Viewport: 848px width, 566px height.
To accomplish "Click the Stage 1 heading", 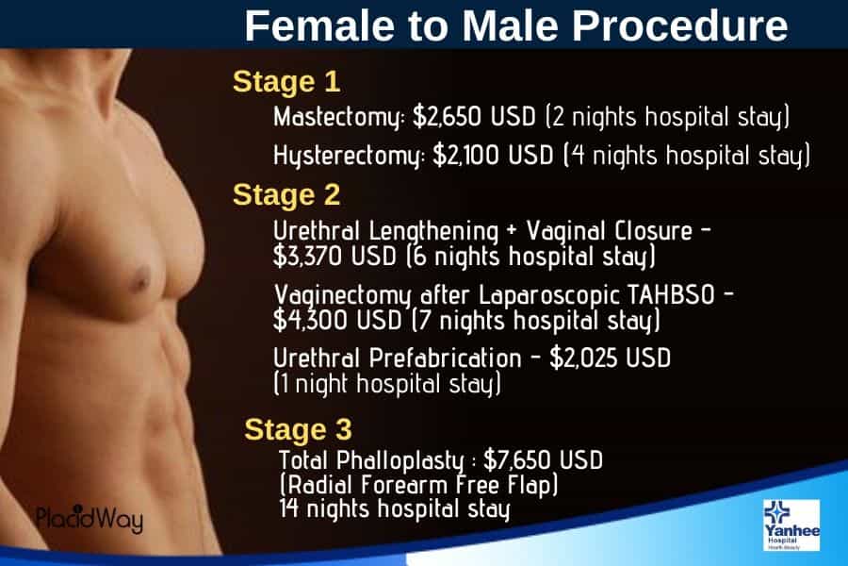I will coord(285,82).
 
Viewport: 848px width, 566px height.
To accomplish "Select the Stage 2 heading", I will coord(285,195).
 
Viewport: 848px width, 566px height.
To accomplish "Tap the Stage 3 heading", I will coord(298,429).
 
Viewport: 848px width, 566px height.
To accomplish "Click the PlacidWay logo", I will coord(90,519).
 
